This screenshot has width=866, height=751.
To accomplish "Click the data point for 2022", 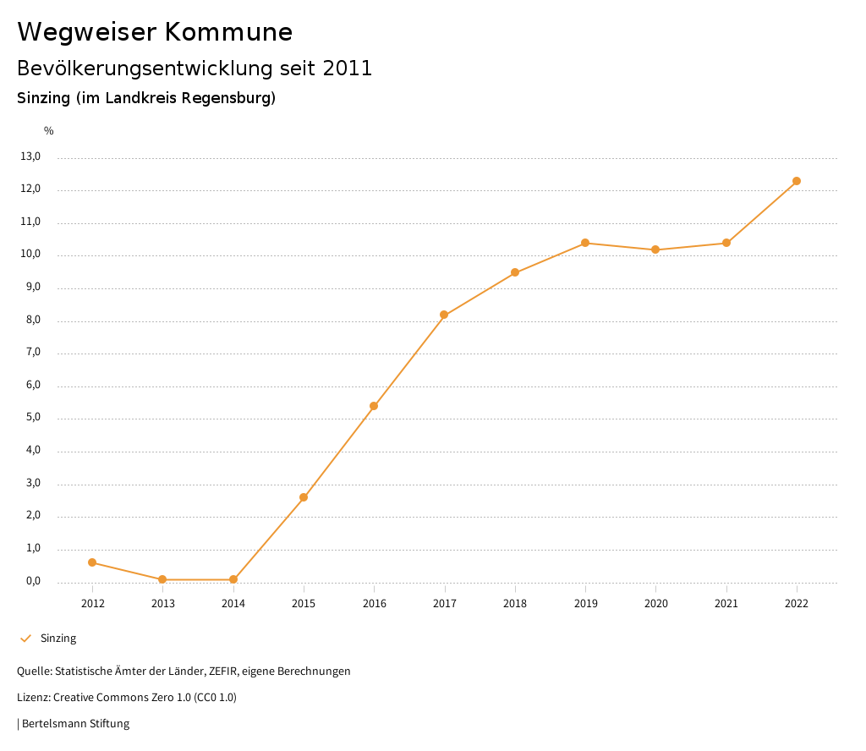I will point(797,181).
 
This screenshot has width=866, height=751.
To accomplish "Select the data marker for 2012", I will point(92,562).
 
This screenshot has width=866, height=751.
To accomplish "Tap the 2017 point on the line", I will point(444,315).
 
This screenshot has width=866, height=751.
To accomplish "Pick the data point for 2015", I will point(304,497).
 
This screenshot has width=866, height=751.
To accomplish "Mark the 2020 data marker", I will point(655,249).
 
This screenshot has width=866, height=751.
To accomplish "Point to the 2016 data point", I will point(374,406).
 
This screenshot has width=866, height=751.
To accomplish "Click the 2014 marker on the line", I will point(233,579).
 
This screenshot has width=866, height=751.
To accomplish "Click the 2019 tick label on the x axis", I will point(585,603).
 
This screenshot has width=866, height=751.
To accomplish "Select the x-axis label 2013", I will point(162,603).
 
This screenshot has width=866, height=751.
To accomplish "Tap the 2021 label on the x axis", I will point(726,603).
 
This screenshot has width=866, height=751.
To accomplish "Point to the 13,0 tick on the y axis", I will point(30,156).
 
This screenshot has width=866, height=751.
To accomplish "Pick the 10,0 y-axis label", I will point(30,255).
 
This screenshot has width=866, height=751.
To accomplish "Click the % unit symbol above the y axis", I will point(49,131).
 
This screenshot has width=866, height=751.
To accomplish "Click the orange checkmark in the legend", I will point(25,639).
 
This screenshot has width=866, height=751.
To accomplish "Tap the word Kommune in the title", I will point(228,32).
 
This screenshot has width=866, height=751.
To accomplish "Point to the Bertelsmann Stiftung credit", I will point(75,724).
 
